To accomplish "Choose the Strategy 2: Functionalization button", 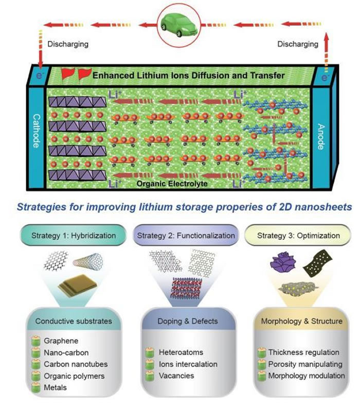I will tap(186, 236).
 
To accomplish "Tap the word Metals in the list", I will tap(54, 387).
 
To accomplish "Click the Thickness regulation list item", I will tap(303, 353).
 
